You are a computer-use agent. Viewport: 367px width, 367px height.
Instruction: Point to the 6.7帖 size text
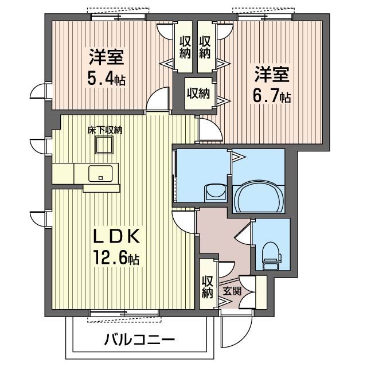tap(272, 95)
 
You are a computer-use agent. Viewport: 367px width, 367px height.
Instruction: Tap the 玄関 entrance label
tap(232, 291)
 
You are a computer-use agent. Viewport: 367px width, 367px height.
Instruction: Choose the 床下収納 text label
tap(105, 130)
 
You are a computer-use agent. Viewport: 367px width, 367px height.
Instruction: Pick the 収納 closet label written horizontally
tap(198, 93)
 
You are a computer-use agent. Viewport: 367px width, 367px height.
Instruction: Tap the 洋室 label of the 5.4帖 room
tap(107, 57)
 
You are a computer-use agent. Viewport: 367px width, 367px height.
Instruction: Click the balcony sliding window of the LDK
tap(123, 313)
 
